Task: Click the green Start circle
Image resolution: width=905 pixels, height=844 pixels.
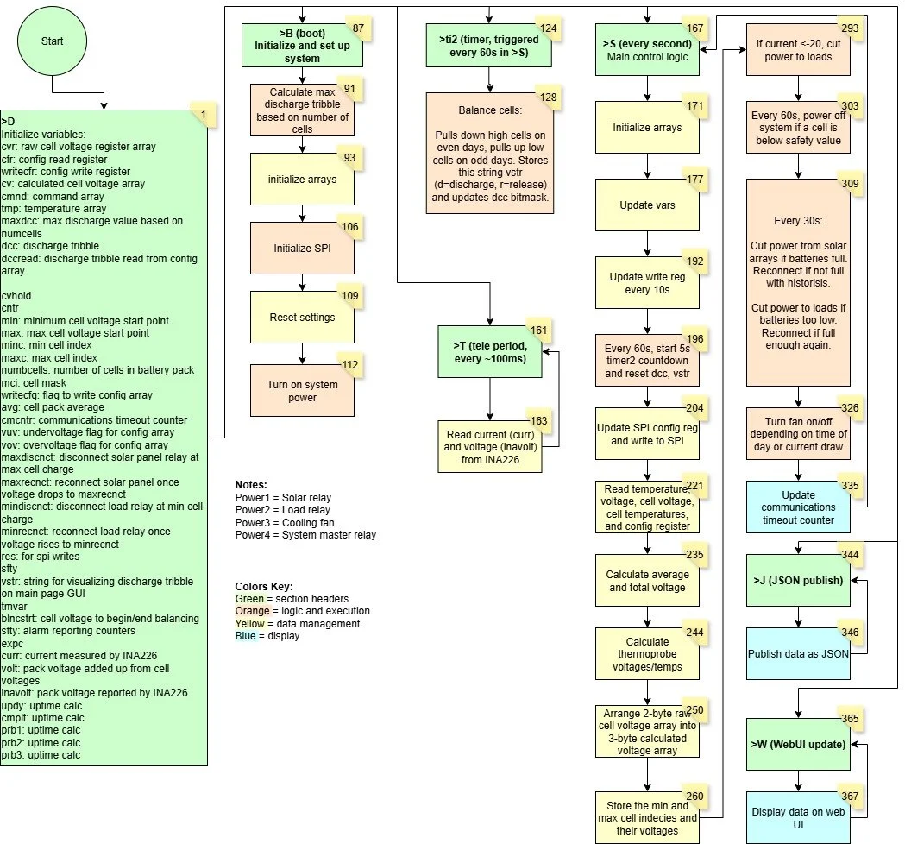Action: pyautogui.click(x=52, y=41)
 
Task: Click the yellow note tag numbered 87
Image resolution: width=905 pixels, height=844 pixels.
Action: pyautogui.click(x=357, y=28)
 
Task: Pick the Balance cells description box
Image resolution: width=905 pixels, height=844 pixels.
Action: pyautogui.click(x=489, y=153)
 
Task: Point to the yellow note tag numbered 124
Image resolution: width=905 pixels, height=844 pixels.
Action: pyautogui.click(x=546, y=28)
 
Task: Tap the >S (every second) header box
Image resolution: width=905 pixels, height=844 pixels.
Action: pyautogui.click(x=647, y=49)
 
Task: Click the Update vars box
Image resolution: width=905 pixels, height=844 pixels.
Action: pyautogui.click(x=647, y=205)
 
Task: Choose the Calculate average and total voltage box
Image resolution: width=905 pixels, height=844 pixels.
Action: pyautogui.click(x=647, y=581)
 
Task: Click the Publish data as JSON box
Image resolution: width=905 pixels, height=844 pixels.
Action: pyautogui.click(x=798, y=653)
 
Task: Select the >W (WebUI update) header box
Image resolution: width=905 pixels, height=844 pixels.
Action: pyautogui.click(x=798, y=744)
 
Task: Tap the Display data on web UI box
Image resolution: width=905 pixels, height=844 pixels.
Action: pyautogui.click(x=798, y=818)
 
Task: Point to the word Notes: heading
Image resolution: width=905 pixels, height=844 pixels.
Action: pyautogui.click(x=251, y=486)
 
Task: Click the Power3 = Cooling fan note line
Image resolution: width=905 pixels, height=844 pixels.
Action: pyautogui.click(x=281, y=523)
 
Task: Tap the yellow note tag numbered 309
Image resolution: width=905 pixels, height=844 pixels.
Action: pyautogui.click(x=850, y=184)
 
